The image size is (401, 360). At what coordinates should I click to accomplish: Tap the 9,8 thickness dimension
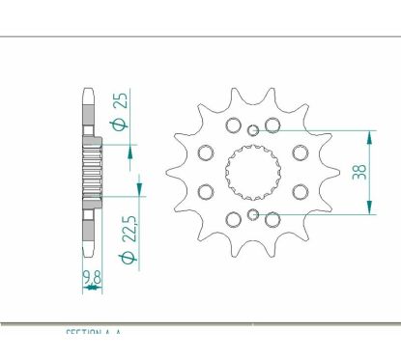pos(93,281)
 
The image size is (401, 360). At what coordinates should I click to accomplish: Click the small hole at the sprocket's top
pos(252,130)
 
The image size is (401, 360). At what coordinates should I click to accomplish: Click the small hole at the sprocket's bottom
pos(252,214)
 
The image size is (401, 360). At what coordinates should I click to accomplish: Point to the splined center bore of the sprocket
pos(251,172)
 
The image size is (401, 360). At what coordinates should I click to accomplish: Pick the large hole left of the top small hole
pos(232,125)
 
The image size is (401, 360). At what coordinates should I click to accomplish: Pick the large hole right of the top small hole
pos(272,125)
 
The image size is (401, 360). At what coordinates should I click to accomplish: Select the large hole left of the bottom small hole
pos(232,219)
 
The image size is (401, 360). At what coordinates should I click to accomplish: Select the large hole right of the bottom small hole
pos(272,219)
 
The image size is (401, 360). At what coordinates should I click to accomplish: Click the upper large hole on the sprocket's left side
pos(205,152)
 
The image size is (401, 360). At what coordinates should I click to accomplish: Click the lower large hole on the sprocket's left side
pos(205,192)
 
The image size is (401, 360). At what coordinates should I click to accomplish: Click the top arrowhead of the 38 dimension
pos(368,136)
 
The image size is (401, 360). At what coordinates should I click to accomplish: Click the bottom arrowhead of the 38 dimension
pos(368,208)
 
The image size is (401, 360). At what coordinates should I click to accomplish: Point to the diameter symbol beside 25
pos(120,125)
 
